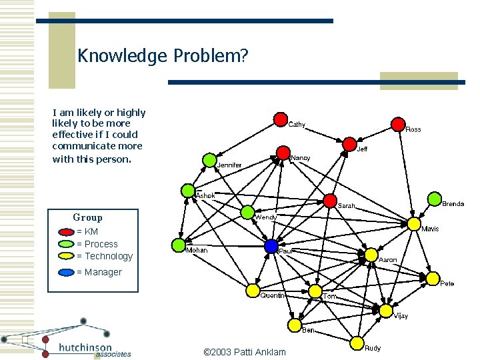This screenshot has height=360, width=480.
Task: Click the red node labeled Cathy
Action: point(281,119)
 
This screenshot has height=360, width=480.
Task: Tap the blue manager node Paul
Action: point(271,246)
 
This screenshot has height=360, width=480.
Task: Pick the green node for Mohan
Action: point(178,245)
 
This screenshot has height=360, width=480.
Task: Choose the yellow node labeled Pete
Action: point(433,278)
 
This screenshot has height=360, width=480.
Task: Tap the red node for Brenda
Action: point(433,199)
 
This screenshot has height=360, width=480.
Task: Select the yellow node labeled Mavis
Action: point(414,223)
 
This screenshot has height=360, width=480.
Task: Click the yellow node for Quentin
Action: point(253,290)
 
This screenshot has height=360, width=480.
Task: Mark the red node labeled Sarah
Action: point(330,200)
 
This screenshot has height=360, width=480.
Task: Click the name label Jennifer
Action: point(229,165)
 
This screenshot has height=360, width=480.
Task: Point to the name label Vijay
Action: point(400,315)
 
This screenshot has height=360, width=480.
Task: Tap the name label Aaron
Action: point(388,259)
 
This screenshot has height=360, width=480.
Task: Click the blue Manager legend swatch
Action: point(67,272)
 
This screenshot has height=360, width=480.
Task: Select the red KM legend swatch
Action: point(67,232)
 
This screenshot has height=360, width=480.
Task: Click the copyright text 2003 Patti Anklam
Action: point(244,352)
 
